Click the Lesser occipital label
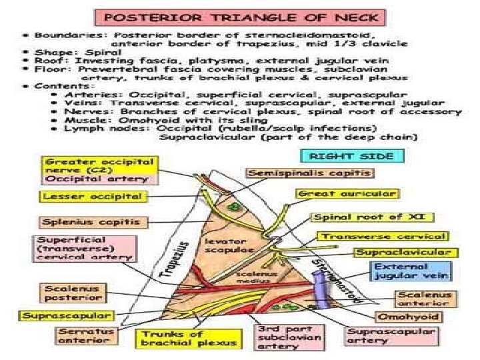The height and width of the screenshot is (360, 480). click(93, 197)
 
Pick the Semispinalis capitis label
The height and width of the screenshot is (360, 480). click(311, 173)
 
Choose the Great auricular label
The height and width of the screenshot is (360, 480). click(347, 194)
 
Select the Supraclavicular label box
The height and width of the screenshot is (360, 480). click(407, 253)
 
